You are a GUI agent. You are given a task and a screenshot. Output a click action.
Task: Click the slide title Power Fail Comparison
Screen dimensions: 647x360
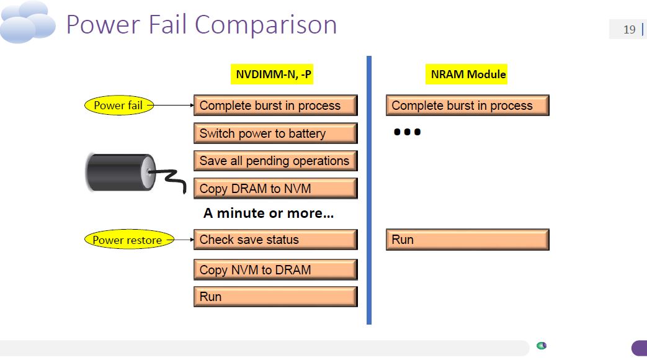coord(202,25)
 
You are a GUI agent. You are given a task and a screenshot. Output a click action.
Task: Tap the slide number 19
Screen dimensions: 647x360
coord(629,30)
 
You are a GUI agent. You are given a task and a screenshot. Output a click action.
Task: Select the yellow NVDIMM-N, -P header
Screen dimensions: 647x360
coord(272,74)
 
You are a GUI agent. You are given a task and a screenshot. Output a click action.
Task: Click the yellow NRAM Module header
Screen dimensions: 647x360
coord(466,74)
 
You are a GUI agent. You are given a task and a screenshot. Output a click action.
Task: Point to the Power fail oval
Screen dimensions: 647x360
coord(119,106)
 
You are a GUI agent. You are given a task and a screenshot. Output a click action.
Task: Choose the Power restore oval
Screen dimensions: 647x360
coord(129,240)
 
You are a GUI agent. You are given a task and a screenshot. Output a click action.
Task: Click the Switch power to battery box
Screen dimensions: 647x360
coord(275,133)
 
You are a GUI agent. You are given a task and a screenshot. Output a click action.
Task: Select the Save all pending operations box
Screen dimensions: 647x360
coord(275,161)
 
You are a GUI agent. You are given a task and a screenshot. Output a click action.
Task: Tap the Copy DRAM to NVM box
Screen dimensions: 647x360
coord(275,188)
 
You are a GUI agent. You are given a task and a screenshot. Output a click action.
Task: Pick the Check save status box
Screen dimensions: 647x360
coord(275,240)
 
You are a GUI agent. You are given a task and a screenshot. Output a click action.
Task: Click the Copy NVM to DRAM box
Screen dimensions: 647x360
coord(275,269)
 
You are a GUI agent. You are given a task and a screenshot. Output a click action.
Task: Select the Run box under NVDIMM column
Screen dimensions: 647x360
coord(275,297)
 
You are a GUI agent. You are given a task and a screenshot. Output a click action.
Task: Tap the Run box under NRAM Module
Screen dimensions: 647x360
coord(468,240)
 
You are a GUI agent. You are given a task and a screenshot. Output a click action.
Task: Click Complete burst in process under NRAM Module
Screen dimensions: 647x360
coord(468,106)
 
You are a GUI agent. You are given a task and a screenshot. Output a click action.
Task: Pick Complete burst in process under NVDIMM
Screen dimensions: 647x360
coord(275,106)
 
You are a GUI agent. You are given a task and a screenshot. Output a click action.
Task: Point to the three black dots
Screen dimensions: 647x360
coord(408,132)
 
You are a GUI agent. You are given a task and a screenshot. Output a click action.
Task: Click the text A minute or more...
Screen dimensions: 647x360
coord(269,214)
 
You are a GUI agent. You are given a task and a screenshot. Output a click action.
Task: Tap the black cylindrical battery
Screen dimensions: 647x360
coord(121,173)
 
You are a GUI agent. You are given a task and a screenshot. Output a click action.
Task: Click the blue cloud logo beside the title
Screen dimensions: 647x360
coord(28,22)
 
